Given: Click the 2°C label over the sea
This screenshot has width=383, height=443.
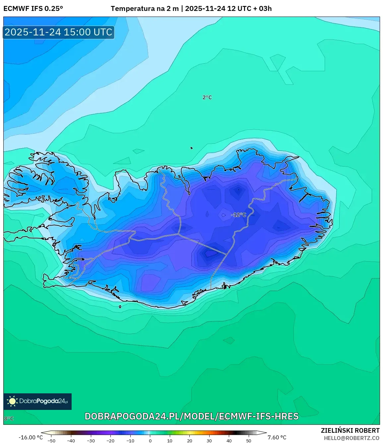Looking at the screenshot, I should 207,97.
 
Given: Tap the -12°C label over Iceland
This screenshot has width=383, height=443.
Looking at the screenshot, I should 238,215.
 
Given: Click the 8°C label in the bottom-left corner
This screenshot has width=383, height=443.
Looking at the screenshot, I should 9,418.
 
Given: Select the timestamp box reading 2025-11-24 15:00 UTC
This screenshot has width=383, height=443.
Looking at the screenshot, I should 59,32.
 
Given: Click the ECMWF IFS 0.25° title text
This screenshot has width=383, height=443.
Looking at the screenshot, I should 33,9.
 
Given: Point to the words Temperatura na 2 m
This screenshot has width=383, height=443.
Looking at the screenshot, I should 145,9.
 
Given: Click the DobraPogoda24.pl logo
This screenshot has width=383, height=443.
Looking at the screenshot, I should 37,401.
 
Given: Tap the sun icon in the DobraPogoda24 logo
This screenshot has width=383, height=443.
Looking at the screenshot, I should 12,401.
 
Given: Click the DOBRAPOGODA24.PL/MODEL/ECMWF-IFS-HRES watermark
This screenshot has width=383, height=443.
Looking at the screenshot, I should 192,416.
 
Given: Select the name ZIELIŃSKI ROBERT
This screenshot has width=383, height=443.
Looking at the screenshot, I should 350,430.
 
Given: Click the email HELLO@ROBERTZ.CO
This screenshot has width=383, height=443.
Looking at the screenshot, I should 351,438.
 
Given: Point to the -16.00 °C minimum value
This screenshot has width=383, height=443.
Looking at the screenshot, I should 31,437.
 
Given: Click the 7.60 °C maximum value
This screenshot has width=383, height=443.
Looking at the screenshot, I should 277,437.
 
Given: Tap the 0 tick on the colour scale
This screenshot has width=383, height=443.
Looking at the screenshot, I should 150,441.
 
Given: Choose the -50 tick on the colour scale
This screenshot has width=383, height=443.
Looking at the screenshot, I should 51,441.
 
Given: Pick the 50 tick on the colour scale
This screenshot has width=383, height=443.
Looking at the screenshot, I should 249,441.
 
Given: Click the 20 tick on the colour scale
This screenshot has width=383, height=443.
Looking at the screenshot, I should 190,441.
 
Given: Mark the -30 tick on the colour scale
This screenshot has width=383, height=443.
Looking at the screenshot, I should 91,441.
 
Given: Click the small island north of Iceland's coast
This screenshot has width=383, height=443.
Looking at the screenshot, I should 192,148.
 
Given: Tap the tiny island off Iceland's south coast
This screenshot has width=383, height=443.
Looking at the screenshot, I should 120,307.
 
